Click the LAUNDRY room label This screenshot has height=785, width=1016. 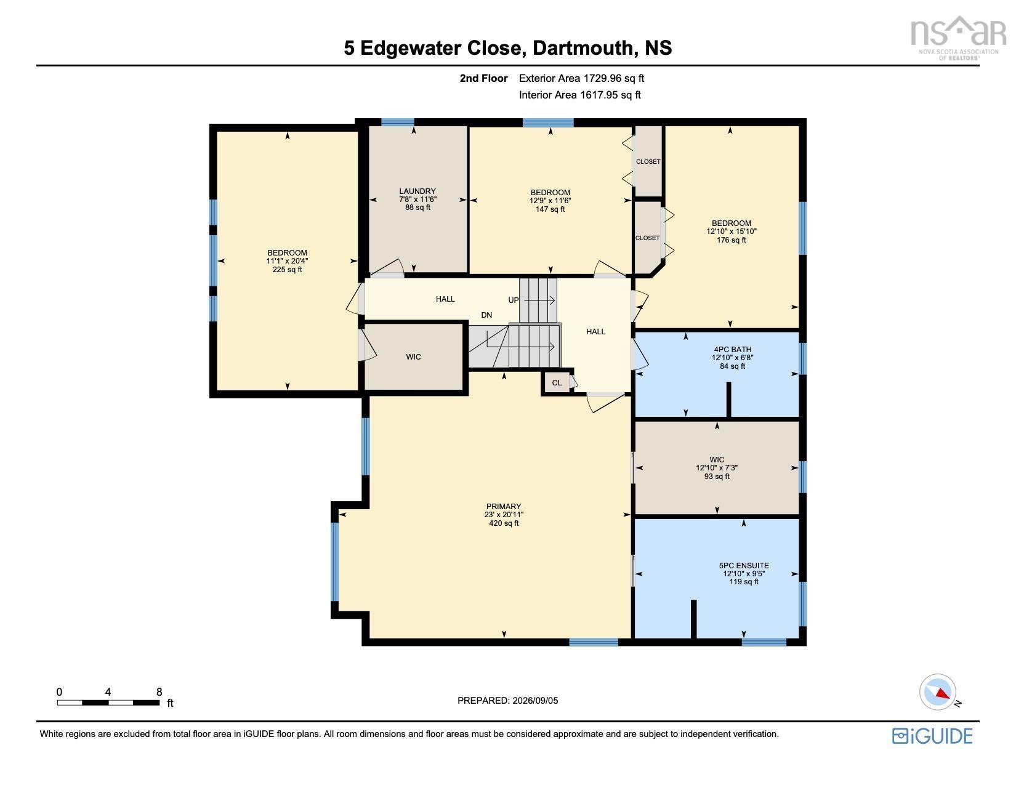(x=417, y=191)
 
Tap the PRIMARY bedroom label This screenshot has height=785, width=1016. (x=504, y=506)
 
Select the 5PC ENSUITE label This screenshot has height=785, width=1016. (x=744, y=565)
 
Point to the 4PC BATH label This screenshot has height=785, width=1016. (x=733, y=349)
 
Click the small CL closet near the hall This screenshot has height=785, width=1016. (x=557, y=382)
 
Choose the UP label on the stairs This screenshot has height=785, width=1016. (x=514, y=300)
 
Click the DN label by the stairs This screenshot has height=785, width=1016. (x=486, y=315)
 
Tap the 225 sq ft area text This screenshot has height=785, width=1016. (x=287, y=270)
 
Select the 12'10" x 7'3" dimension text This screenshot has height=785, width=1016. (x=717, y=467)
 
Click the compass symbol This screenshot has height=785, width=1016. (x=937, y=693)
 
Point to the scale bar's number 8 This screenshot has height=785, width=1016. (x=159, y=692)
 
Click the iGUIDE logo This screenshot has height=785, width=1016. (x=932, y=736)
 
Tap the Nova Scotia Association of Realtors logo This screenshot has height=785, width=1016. (x=958, y=38)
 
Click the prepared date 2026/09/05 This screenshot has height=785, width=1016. (x=535, y=701)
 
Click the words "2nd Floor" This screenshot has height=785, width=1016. (x=483, y=78)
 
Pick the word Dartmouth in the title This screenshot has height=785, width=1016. (x=583, y=47)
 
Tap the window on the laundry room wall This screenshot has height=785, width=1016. (x=397, y=123)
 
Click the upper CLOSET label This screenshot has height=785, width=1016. (x=648, y=161)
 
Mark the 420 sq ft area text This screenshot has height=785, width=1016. (x=504, y=523)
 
